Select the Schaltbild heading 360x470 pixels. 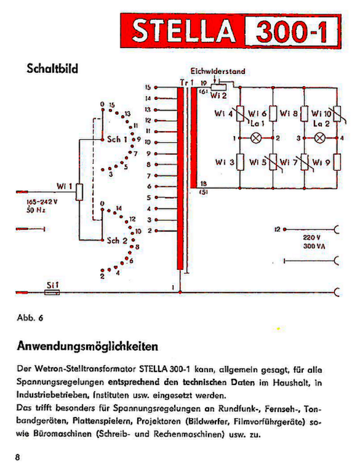52,68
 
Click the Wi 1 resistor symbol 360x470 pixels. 79,192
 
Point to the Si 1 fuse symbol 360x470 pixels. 53,293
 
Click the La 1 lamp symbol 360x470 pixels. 257,138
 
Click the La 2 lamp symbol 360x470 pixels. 319,138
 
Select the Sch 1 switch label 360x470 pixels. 117,139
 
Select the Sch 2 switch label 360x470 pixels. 116,240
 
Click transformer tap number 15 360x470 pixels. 148,87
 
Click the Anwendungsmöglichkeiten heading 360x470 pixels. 88,346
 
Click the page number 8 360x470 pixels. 18,458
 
